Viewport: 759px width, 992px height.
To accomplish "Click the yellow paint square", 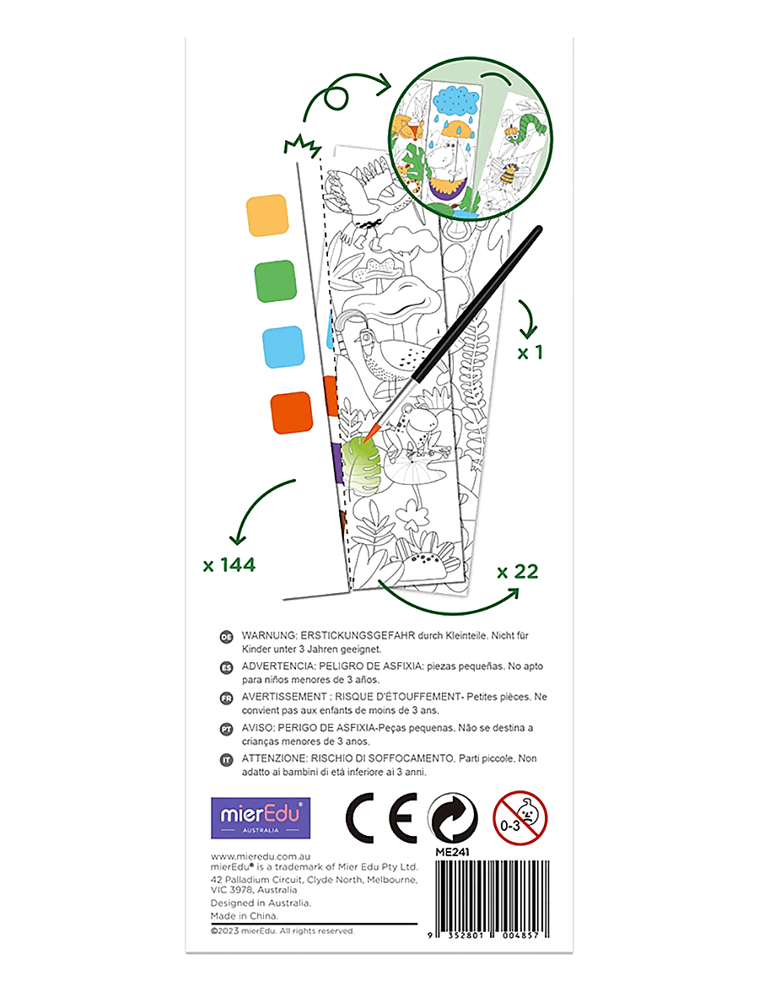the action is point(266,215).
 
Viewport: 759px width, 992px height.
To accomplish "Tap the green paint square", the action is point(275,281).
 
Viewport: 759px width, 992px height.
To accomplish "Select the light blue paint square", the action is point(283,347).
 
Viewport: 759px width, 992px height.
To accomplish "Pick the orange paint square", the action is point(292,412).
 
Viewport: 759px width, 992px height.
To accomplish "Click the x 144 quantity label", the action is point(229,565).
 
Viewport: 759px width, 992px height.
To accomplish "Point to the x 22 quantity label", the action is point(518,572).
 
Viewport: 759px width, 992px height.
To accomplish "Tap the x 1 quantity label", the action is point(530,353).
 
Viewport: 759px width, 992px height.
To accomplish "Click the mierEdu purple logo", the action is point(261,818).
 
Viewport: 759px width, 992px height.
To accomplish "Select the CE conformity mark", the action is point(381,818).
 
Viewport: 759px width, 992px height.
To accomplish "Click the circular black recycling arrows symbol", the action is point(454,818).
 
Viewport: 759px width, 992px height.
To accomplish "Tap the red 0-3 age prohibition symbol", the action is point(519,818).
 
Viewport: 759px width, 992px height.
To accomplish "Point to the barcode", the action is point(489,899).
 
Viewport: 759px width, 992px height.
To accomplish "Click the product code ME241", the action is point(452,852).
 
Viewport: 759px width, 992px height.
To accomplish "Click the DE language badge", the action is point(226,637).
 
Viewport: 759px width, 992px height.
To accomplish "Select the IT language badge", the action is point(226,760).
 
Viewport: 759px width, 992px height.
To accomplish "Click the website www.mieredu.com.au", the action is point(261,857).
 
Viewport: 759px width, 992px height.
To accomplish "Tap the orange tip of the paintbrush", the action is point(371,432).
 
